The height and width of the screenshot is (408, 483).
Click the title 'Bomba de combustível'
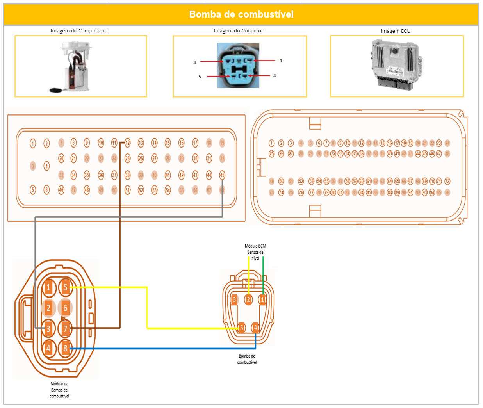(x=241, y=14)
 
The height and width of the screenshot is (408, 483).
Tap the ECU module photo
(x=396, y=64)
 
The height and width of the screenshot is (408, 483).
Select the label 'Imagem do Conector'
(x=238, y=30)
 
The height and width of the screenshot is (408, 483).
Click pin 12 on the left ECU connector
(x=128, y=143)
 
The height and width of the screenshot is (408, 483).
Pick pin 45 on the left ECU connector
(x=222, y=175)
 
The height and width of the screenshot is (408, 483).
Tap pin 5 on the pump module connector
(x=65, y=287)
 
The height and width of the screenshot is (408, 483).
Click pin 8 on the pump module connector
(x=65, y=348)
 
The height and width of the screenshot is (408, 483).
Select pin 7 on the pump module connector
(x=65, y=328)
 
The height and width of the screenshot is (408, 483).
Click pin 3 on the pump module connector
(x=48, y=328)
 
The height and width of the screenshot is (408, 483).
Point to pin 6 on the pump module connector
(x=65, y=308)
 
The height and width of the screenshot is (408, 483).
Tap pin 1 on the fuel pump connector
(x=263, y=299)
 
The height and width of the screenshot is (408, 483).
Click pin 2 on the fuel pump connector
(x=248, y=299)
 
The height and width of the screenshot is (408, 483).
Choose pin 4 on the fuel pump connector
(x=255, y=327)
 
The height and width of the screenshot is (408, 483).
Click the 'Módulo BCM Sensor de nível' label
(x=255, y=252)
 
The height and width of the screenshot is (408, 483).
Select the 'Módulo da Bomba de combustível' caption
(x=59, y=390)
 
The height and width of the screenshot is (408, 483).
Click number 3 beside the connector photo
(x=194, y=62)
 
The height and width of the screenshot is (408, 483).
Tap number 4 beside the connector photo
(x=274, y=76)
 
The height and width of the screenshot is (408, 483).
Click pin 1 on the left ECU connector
(x=33, y=143)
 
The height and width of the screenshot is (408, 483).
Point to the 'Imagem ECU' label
(x=396, y=31)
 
